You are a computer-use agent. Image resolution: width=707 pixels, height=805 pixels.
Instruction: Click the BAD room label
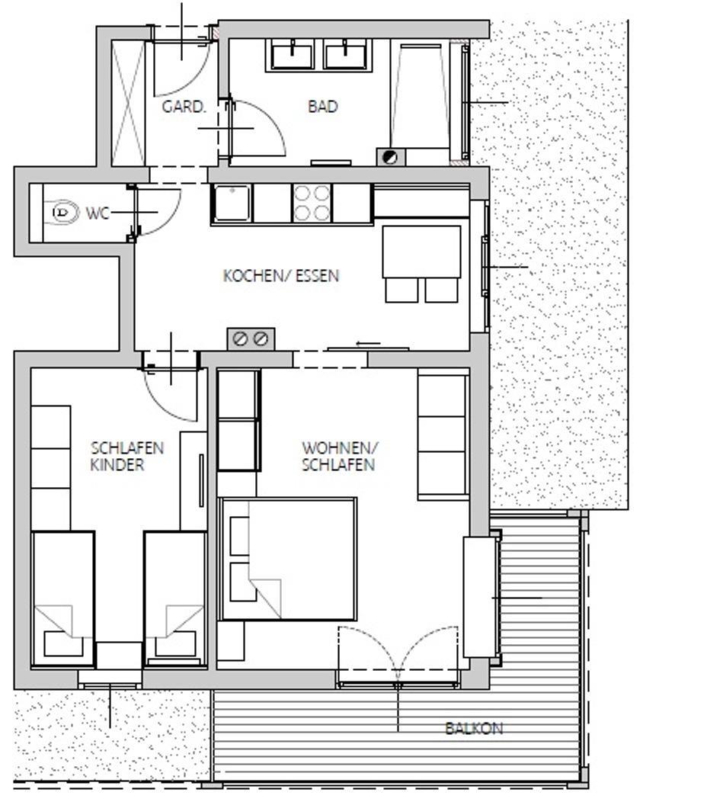tap(323, 106)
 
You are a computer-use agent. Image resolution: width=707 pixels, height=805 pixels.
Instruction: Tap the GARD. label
tap(184, 107)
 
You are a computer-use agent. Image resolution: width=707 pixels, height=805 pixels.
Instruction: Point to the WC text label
tap(98, 213)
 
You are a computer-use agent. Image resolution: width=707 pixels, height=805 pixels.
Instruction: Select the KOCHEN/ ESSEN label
tap(281, 276)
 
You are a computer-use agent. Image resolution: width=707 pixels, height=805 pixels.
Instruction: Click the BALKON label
tap(474, 728)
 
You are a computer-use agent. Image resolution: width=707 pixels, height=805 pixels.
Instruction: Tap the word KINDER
tap(117, 464)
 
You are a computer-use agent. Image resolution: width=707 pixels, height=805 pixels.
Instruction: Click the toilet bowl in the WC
tap(64, 212)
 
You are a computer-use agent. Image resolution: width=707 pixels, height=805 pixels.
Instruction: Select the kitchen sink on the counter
tap(232, 204)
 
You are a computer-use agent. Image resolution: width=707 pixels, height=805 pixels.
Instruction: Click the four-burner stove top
tap(312, 204)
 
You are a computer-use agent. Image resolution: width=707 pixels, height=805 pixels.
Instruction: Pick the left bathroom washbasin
tap(292, 56)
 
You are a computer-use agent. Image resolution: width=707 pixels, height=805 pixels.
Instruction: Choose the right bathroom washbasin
tap(345, 56)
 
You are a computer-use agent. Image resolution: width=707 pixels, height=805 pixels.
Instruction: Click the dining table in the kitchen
tap(421, 252)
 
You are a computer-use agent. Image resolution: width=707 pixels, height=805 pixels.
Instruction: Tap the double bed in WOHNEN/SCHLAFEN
tap(287, 559)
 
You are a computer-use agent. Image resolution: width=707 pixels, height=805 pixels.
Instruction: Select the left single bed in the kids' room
tap(63, 599)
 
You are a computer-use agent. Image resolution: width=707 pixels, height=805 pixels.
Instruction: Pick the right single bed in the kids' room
tap(175, 599)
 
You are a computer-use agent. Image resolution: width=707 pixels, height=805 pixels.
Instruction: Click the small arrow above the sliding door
tap(368, 344)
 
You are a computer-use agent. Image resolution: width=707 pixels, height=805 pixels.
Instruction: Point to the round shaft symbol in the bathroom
tap(390, 156)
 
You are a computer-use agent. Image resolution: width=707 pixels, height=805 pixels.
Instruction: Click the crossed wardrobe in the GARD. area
tap(128, 103)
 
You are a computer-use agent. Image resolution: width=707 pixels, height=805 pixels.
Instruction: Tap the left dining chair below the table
tap(401, 290)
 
